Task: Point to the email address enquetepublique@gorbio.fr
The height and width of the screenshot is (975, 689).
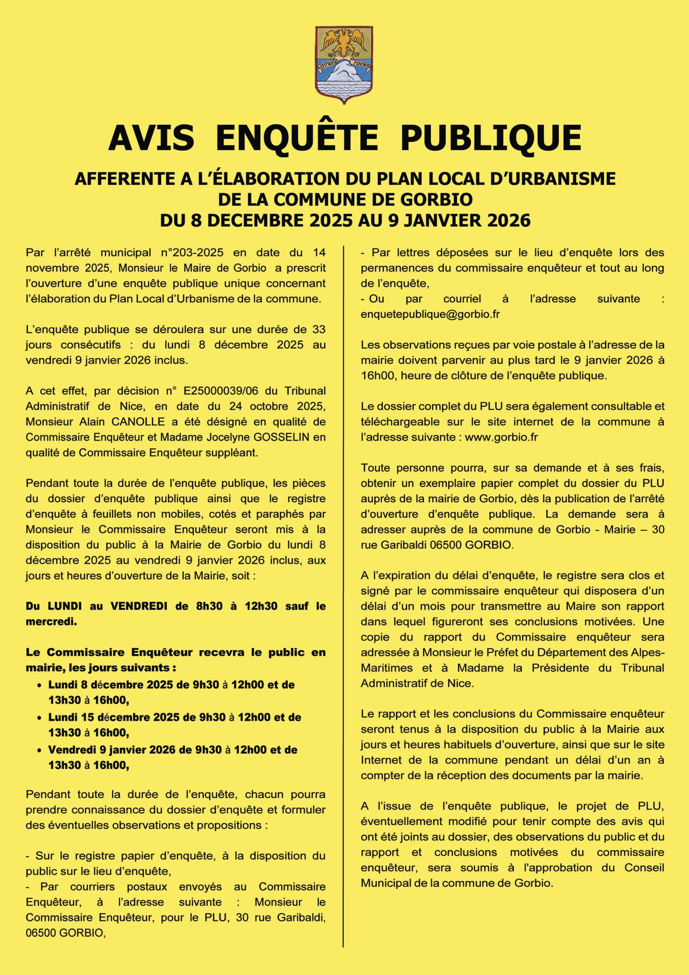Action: point(430,314)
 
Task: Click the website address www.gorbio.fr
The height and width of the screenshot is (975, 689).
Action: point(501,437)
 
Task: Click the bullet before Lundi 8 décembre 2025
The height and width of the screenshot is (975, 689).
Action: point(40,686)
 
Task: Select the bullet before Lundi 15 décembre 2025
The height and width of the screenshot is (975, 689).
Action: point(40,718)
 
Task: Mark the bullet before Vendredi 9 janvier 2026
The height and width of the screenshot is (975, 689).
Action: point(40,750)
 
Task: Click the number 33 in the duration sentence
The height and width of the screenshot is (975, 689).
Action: point(319,329)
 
